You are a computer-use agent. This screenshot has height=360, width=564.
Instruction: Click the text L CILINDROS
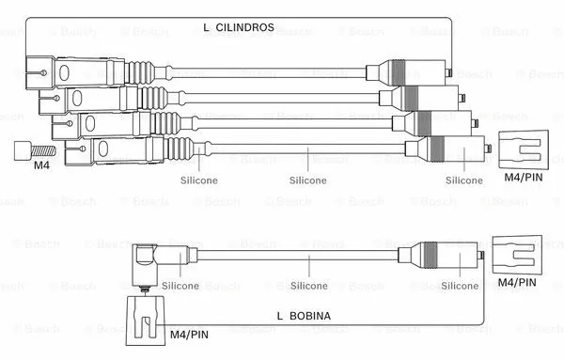click(x=239, y=28)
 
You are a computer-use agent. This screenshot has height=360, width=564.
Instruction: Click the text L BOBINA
click(x=304, y=317)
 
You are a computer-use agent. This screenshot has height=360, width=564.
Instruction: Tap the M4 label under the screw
click(x=41, y=165)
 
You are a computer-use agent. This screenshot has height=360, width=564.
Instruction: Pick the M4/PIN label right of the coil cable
click(x=517, y=281)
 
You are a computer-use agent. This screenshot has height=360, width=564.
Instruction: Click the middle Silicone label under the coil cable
click(x=308, y=286)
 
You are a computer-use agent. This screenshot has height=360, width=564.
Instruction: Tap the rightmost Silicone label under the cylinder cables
click(x=464, y=179)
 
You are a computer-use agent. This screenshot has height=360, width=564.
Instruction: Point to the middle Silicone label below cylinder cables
click(x=308, y=179)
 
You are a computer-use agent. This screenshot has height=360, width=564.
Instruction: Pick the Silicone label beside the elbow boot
click(x=179, y=286)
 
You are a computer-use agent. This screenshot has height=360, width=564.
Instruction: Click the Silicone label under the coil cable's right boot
click(x=461, y=286)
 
